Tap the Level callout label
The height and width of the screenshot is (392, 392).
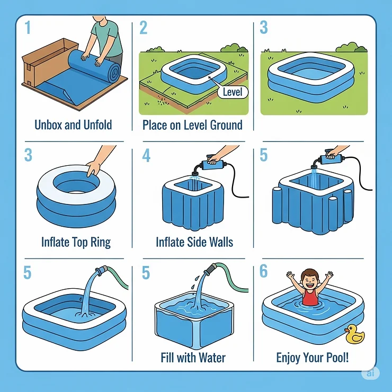pyautogui.click(x=232, y=92)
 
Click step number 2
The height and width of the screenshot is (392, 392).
pyautogui.click(x=143, y=28)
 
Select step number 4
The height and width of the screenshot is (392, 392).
pyautogui.click(x=146, y=156)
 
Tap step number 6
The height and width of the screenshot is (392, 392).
pyautogui.click(x=263, y=271)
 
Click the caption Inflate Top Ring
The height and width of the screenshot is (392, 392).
pyautogui.click(x=76, y=242)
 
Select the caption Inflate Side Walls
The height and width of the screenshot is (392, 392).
pyautogui.click(x=194, y=242)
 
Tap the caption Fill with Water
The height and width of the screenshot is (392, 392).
pyautogui.click(x=193, y=358)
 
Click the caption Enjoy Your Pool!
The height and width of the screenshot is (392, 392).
pyautogui.click(x=313, y=358)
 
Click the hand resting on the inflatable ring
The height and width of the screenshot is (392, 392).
pyautogui.click(x=94, y=168)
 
